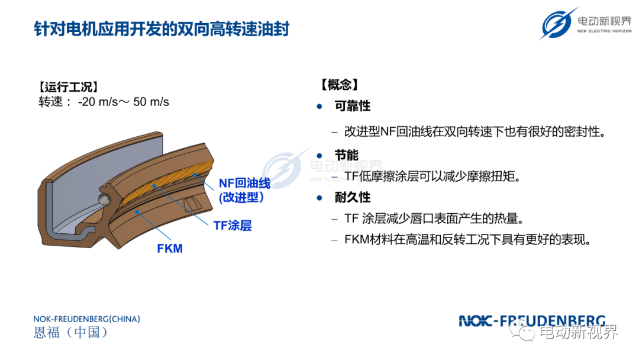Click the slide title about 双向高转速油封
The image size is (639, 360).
click(x=162, y=29)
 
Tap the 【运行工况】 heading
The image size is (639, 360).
click(x=69, y=87)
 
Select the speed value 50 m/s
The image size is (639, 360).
click(x=151, y=101)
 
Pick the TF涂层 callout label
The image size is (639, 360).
click(x=233, y=226)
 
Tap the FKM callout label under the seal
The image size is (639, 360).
click(x=170, y=248)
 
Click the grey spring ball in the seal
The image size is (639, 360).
click(x=104, y=199)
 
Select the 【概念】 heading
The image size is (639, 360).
click(x=339, y=85)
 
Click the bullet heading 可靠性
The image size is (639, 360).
click(x=353, y=106)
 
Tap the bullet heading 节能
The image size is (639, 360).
click(x=346, y=155)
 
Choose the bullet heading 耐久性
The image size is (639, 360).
click(x=353, y=197)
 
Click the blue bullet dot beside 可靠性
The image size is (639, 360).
click(x=319, y=107)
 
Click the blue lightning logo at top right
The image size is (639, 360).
click(x=557, y=23)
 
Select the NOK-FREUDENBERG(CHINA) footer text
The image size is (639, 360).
click(x=87, y=319)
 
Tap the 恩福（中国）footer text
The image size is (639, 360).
click(x=70, y=332)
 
